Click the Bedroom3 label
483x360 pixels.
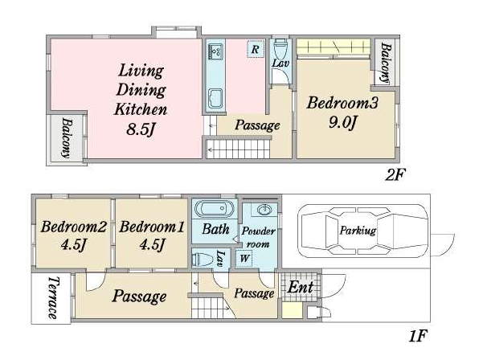pos(342,103)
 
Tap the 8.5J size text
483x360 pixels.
pos(140,129)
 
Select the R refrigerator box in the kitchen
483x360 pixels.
pos(256,49)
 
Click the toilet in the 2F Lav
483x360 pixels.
pos(280,48)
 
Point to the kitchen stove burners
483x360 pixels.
pos(215,51)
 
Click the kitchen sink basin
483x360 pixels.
pos(215,99)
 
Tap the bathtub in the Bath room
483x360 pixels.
pos(215,208)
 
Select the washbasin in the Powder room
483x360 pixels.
pos(264,211)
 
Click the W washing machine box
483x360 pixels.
pos(244,258)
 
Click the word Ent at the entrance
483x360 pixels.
pos(301,288)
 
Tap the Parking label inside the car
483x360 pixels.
pos(358,231)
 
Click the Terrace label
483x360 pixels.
pos(53,297)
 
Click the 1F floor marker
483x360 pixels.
pos(418,336)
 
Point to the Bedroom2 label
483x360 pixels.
pos(74,227)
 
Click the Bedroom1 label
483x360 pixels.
pos(152,227)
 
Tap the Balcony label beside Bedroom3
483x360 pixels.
pos(385,63)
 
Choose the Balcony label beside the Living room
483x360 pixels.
pos(67,137)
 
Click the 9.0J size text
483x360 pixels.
pos(342,123)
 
